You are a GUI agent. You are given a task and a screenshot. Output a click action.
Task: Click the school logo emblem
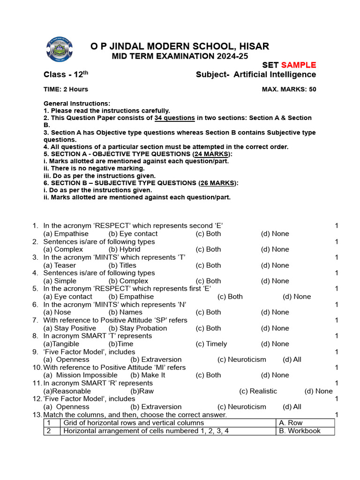[60, 51]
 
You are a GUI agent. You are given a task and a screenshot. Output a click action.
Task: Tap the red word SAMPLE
[299, 65]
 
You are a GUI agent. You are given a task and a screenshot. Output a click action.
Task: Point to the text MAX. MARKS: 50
[289, 90]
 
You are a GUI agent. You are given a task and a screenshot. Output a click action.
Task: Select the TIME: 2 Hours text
[66, 90]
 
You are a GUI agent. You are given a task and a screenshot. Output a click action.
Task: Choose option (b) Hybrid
[124, 249]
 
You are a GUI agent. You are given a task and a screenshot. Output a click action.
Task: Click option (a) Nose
[57, 312]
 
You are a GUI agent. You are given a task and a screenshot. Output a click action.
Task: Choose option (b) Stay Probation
[137, 328]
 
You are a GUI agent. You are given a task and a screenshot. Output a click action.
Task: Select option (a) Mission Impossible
[80, 375]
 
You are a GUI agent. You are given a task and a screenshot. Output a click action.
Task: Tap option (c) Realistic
[258, 391]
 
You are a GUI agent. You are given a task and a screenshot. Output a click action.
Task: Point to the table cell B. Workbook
[299, 431]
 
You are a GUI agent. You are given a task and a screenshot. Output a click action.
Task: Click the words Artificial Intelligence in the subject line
[275, 75]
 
